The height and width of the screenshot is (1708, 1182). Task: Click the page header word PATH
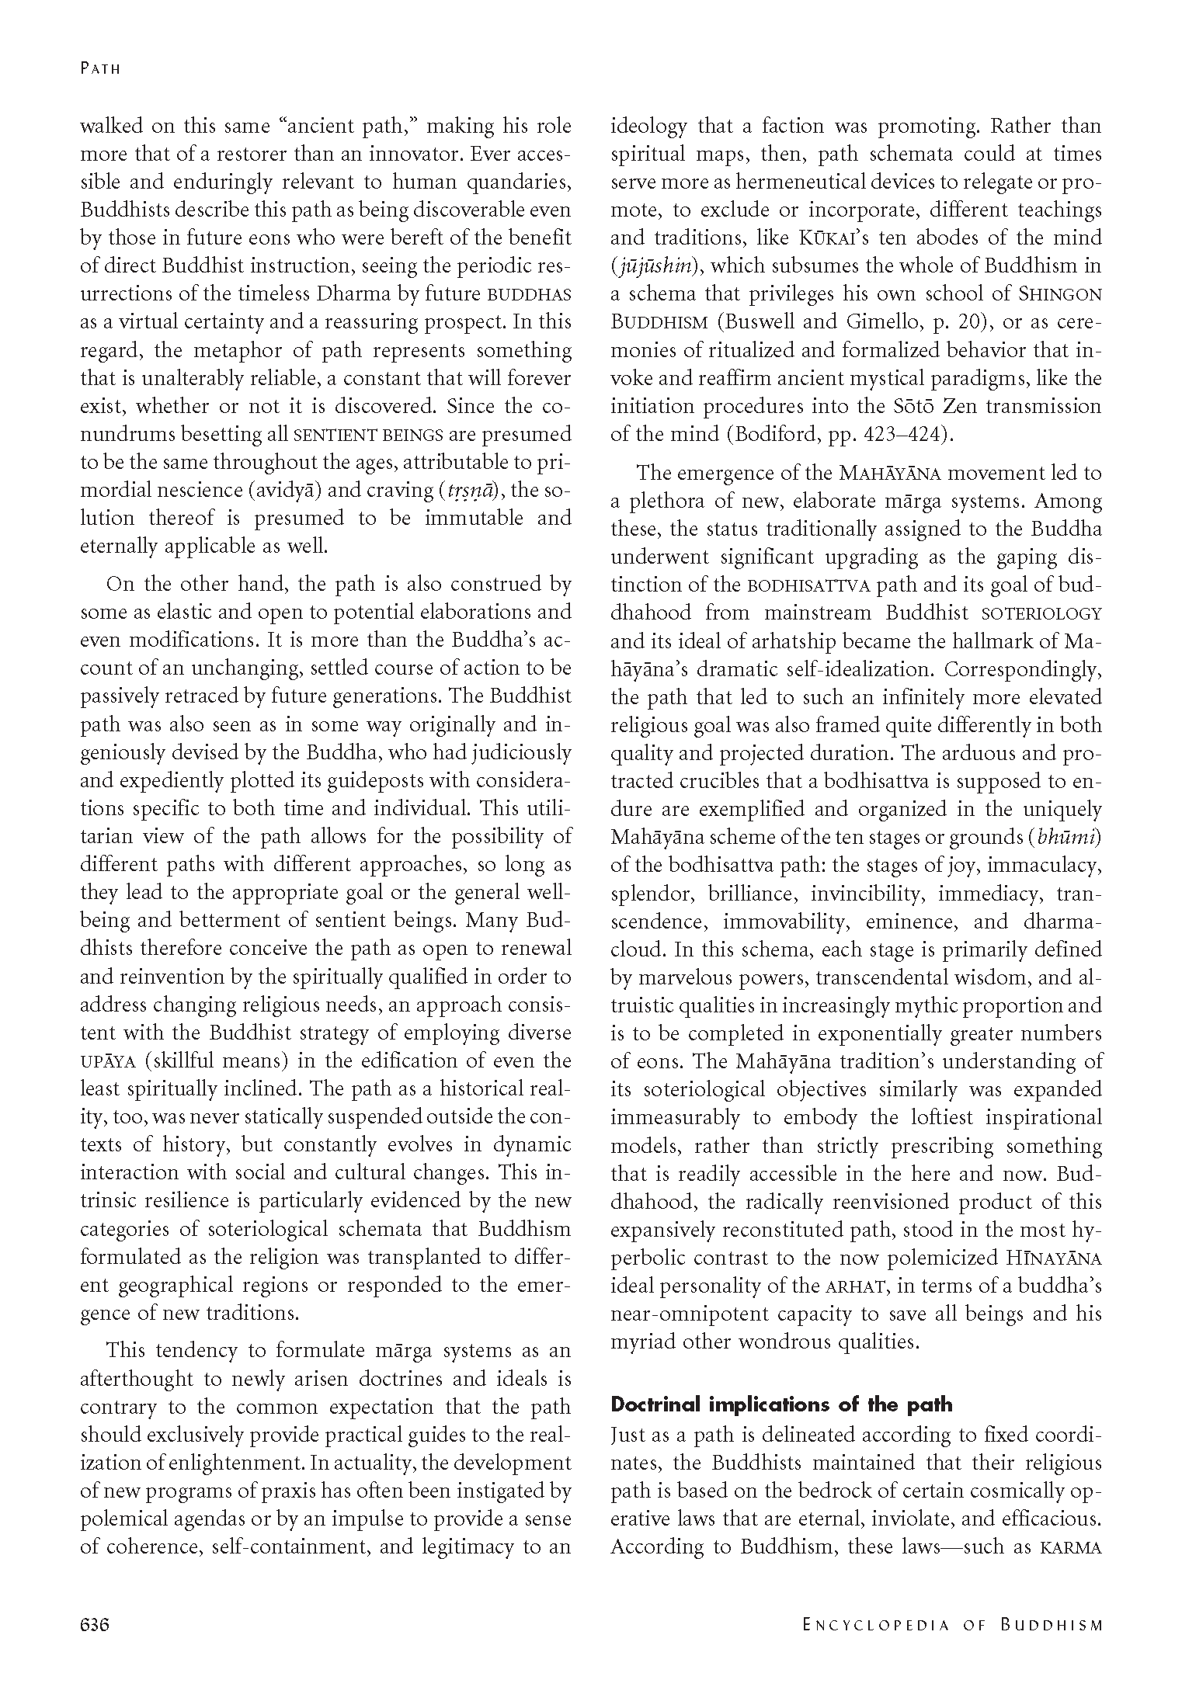(x=101, y=68)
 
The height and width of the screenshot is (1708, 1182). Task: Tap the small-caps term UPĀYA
(x=108, y=1061)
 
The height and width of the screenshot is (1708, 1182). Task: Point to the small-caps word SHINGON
(x=1060, y=295)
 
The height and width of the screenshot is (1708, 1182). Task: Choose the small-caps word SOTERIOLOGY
(x=1041, y=613)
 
